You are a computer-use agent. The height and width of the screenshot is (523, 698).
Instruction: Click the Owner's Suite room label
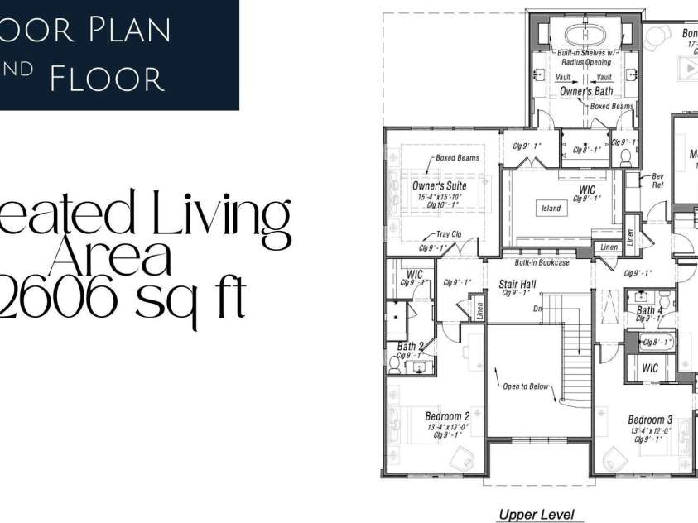pyautogui.click(x=439, y=185)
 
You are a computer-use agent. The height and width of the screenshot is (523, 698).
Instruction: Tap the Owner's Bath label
pyautogui.click(x=586, y=92)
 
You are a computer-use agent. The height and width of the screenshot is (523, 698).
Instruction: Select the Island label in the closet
pyautogui.click(x=551, y=209)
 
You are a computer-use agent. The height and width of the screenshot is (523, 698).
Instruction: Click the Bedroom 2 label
pyautogui.click(x=447, y=416)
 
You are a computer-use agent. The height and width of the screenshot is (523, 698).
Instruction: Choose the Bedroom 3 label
pyautogui.click(x=650, y=420)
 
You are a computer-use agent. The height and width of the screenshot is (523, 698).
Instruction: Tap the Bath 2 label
pyautogui.click(x=411, y=347)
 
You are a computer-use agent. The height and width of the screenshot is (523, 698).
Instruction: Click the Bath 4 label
pyautogui.click(x=647, y=311)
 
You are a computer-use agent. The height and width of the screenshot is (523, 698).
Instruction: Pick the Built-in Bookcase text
pyautogui.click(x=542, y=263)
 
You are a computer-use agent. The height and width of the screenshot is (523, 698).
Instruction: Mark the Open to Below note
pyautogui.click(x=527, y=386)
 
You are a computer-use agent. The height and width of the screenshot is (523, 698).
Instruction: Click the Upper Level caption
pyautogui.click(x=536, y=515)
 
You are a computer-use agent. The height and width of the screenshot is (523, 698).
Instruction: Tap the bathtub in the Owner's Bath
pyautogui.click(x=586, y=36)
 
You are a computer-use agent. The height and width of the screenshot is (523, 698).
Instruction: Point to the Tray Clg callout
pyautogui.click(x=449, y=234)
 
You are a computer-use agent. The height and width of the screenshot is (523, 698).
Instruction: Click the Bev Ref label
pyautogui.click(x=658, y=180)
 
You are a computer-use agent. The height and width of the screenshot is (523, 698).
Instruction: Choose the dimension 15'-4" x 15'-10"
pyautogui.click(x=439, y=196)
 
